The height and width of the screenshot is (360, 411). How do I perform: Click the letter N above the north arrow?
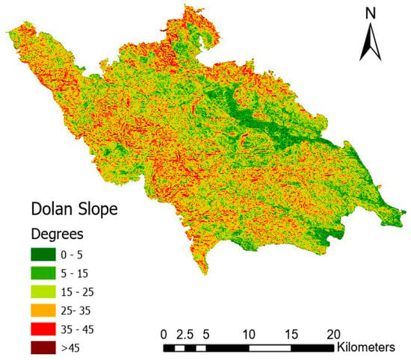pyautogui.click(x=369, y=13)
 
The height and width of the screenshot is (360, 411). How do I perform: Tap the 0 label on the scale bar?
pyautogui.click(x=164, y=334)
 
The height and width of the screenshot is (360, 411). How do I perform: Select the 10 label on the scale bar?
pyautogui.click(x=249, y=334)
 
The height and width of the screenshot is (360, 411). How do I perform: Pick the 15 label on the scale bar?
pyautogui.click(x=291, y=334)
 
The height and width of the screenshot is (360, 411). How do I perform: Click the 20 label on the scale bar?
pyautogui.click(x=334, y=334)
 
